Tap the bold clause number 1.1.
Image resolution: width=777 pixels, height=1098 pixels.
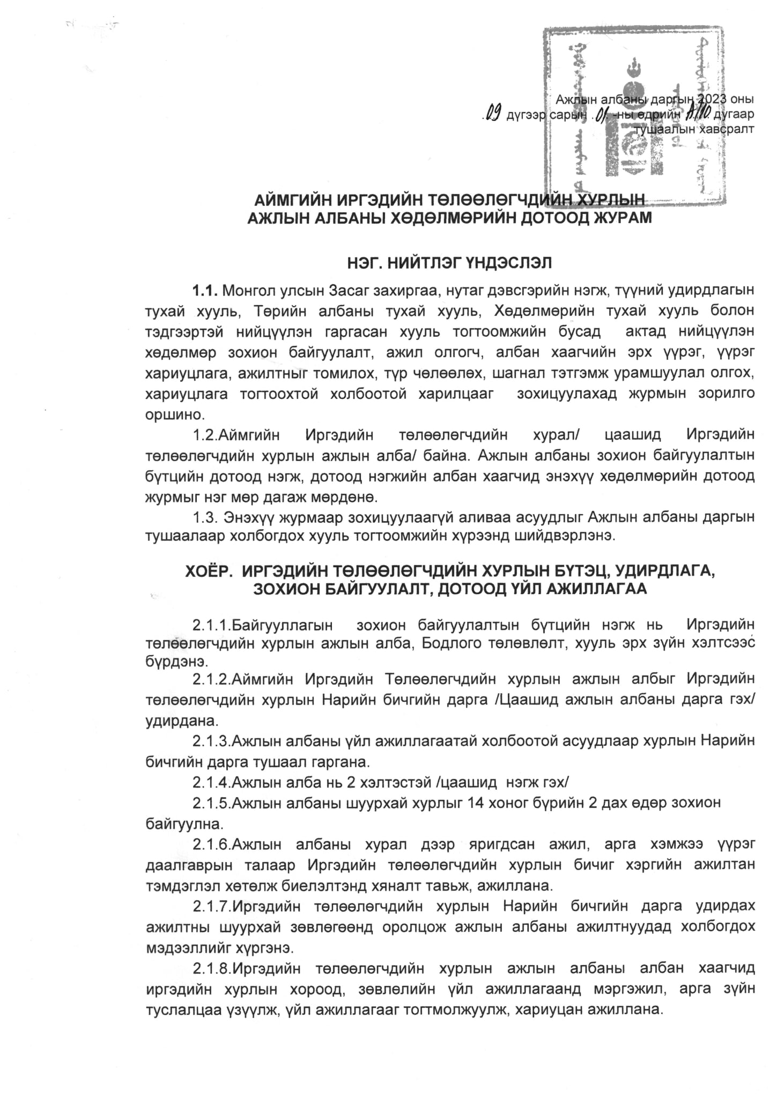205,291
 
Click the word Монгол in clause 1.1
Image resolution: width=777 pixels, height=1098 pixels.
247,291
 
